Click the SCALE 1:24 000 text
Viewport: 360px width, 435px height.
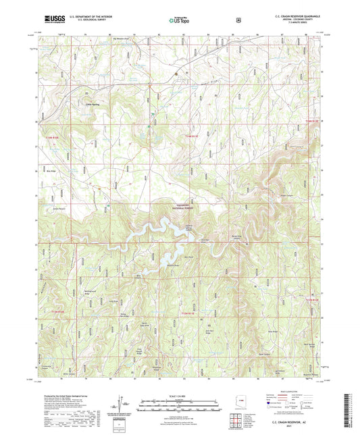179,395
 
